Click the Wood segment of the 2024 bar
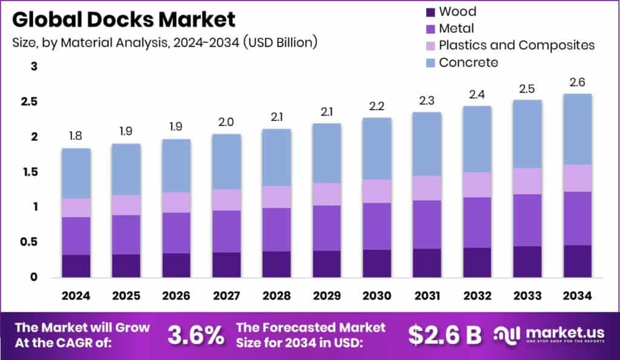pyautogui.click(x=76, y=266)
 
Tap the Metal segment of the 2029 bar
pyautogui.click(x=326, y=227)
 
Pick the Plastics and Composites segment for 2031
pyautogui.click(x=426, y=188)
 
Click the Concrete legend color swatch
pyautogui.click(x=431, y=62)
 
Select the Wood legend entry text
pyautogui.click(x=457, y=11)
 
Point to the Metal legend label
pyautogui.click(x=457, y=28)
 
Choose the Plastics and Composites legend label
pyautogui.click(x=516, y=45)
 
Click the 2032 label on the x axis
pyautogui.click(x=477, y=296)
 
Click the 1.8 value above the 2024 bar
pyautogui.click(x=76, y=137)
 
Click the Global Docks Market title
pyautogui.click(x=124, y=19)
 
